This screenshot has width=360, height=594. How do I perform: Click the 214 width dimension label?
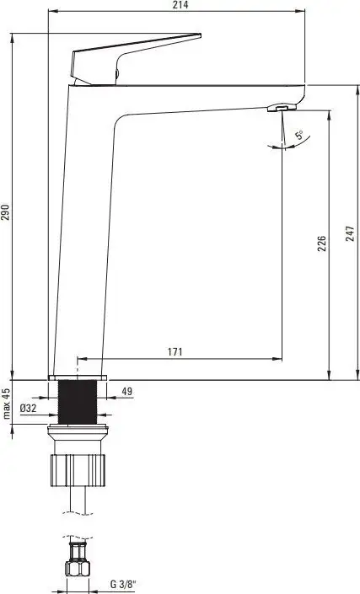tap(180, 5)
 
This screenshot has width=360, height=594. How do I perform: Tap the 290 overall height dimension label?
tap(5, 212)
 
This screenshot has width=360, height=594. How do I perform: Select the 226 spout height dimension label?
tap(321, 243)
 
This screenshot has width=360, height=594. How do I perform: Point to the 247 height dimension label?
tap(350, 233)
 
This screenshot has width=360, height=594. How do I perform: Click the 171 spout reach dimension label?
tap(175, 351)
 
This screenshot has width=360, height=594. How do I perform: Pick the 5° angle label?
tap(299, 135)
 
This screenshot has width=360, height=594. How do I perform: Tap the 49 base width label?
tap(127, 391)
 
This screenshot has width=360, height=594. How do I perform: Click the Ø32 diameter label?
tap(28, 408)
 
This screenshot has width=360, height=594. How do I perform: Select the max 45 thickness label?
tap(7, 404)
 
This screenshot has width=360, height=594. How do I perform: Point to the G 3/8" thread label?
tap(123, 584)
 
